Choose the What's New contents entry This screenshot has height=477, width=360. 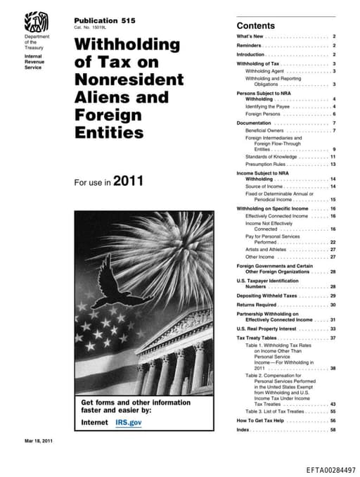pos(251,36)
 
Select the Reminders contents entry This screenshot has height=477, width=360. pos(251,45)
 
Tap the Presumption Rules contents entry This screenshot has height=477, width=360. pos(269,163)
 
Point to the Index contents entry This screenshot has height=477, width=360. pos(243,429)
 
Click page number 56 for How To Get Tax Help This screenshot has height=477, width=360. pos(333,420)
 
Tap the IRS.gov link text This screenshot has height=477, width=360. pos(129,422)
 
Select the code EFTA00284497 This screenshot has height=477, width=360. pos(331,468)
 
